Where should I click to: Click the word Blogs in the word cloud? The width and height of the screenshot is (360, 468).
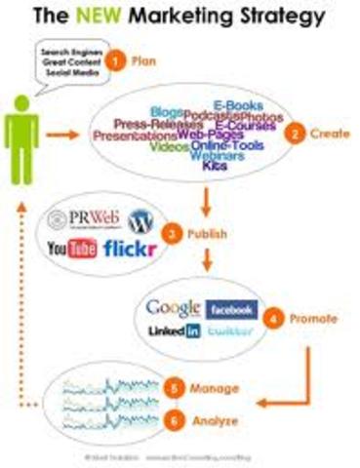[166, 113]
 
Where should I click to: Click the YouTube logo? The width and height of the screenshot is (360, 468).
[72, 250]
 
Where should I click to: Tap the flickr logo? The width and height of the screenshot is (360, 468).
[129, 250]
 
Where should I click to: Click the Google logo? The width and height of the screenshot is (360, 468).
[174, 308]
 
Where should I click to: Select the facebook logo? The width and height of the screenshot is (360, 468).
[231, 308]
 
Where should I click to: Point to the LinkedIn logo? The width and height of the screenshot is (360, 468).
[175, 331]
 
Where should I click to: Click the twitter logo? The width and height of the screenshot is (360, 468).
[230, 331]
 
